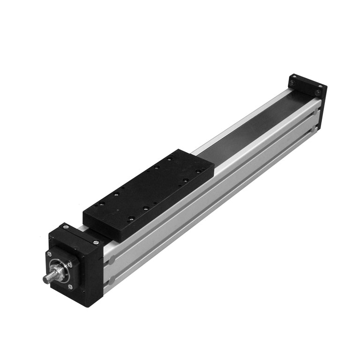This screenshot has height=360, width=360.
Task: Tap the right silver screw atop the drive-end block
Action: point(96,242)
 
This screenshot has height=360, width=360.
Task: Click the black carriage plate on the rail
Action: point(150,192)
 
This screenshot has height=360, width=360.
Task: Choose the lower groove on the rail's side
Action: point(211,202)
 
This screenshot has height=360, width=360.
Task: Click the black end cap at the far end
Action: point(307,86)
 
